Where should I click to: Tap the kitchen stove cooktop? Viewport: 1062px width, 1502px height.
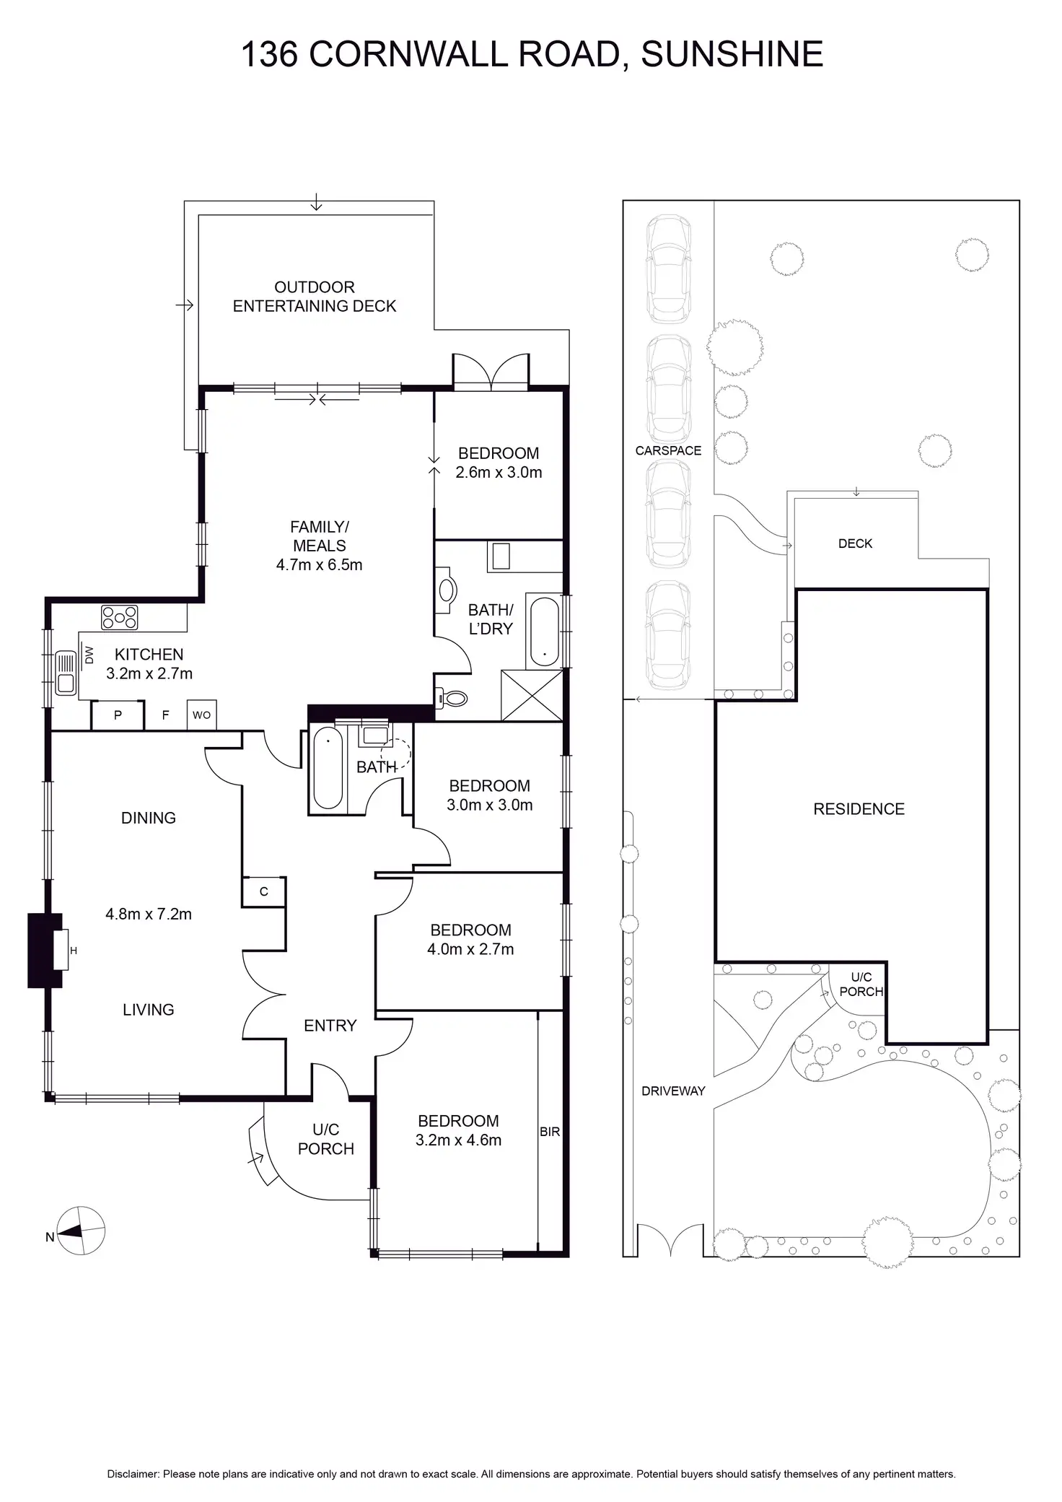coord(120,617)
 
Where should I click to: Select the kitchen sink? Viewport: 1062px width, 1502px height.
coord(66,673)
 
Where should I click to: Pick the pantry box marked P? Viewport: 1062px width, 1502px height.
coord(118,715)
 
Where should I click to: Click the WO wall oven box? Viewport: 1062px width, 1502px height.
coord(201,715)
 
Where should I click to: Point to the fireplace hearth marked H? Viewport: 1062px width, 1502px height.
coord(61,951)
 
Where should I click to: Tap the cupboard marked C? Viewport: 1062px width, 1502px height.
coord(263,891)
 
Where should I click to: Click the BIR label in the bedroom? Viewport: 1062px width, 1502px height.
coord(550,1132)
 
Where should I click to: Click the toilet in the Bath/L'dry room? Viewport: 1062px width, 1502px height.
coord(453,698)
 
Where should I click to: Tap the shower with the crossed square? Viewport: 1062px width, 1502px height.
coord(532,694)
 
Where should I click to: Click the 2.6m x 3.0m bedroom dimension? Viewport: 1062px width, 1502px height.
coord(499,473)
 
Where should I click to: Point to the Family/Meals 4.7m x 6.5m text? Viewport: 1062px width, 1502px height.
coord(320,546)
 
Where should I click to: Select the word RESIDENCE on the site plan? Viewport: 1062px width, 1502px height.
coord(859,809)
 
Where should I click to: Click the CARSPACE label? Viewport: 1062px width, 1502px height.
coord(668,450)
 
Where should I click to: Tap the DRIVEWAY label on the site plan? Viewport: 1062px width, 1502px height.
coord(673,1091)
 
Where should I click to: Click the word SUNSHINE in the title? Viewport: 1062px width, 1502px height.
coord(732,54)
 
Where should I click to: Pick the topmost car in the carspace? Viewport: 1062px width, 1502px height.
coord(670,268)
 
